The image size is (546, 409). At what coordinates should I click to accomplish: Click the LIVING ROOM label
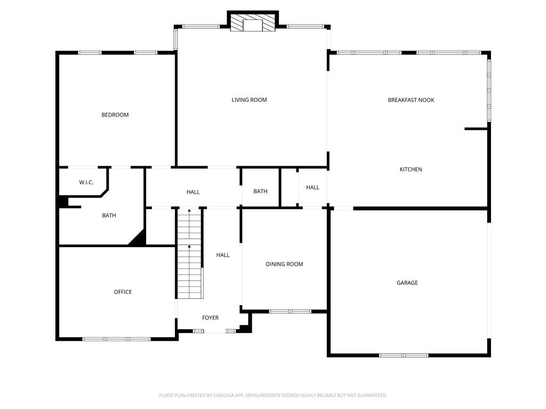click(249, 100)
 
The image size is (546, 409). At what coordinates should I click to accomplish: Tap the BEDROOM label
click(115, 115)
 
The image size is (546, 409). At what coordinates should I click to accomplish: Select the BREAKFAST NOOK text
click(411, 100)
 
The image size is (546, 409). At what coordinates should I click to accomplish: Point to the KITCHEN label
click(411, 169)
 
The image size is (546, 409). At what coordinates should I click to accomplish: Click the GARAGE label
click(407, 283)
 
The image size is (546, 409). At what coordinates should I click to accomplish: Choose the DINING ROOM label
click(284, 264)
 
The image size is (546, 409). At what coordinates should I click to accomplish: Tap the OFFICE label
click(123, 292)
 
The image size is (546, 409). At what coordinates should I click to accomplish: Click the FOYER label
click(210, 318)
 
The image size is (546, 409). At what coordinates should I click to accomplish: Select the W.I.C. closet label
click(86, 183)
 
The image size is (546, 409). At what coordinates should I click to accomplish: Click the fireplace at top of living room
click(253, 23)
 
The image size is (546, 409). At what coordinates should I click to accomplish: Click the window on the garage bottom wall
click(403, 355)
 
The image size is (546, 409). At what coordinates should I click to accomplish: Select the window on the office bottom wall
click(116, 339)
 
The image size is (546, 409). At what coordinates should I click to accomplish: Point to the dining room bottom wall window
click(290, 311)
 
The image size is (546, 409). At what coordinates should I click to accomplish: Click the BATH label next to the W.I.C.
click(109, 216)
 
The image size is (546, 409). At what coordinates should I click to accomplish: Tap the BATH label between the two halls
click(260, 192)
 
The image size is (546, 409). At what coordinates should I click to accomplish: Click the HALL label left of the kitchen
click(312, 187)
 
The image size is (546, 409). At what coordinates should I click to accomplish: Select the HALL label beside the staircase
click(223, 255)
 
